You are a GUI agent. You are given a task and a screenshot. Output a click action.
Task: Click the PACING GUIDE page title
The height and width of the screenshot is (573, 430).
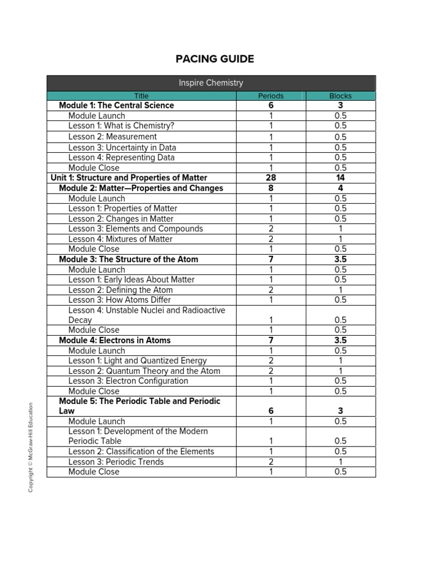[214, 59]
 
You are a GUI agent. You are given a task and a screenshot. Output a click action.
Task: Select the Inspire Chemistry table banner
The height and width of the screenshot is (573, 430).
[211, 83]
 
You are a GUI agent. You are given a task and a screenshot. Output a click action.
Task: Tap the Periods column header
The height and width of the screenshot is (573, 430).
[270, 96]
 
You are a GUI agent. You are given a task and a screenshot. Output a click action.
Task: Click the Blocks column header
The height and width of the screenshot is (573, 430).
[340, 96]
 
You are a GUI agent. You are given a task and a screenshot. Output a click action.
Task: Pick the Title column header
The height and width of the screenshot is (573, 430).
[141, 96]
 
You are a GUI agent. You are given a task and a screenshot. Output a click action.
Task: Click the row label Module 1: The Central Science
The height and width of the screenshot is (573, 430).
[116, 105]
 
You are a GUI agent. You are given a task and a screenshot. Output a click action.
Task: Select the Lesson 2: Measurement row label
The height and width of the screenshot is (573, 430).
[113, 137]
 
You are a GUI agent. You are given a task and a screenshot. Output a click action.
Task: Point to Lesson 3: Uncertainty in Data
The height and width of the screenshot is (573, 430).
[122, 148]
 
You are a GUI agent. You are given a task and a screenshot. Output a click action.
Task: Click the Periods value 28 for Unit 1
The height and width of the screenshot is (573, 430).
[271, 178]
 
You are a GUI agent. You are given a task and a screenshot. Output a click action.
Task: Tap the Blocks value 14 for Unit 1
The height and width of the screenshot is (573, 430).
[340, 178]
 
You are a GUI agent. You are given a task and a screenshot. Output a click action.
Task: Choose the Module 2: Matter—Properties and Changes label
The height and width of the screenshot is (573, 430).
[141, 188]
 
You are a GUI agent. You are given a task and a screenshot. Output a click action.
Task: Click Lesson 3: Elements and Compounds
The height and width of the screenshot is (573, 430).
[135, 229]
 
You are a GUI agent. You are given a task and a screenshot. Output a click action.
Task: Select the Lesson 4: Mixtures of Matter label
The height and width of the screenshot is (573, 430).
[120, 239]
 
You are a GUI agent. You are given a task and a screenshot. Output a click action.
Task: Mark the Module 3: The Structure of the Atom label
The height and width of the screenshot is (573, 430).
[129, 259]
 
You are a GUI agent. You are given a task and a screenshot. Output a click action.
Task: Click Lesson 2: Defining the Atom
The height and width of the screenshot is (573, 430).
[120, 290]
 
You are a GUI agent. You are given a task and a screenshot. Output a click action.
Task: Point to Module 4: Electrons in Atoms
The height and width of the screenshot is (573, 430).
[115, 340]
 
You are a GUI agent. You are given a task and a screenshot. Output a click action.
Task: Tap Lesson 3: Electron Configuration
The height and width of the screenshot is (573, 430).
[128, 381]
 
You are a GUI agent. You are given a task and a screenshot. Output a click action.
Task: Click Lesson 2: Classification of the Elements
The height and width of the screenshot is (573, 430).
[141, 452]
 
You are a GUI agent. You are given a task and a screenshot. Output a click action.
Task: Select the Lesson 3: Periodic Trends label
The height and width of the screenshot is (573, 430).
[116, 462]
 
